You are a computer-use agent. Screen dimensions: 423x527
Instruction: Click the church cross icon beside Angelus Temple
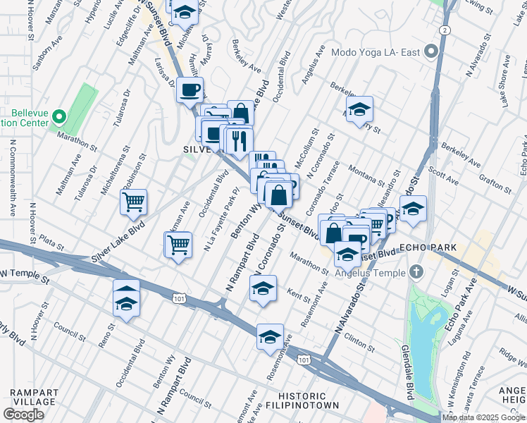(x=416, y=271)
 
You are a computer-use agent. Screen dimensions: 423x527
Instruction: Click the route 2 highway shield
(x=444, y=30)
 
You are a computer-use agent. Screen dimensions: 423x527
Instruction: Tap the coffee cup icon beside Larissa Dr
(x=190, y=90)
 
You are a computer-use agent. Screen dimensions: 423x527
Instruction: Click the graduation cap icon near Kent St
(x=263, y=289)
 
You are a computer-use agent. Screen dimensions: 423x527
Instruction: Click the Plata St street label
(x=51, y=247)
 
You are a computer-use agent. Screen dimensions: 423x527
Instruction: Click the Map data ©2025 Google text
(x=483, y=417)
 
